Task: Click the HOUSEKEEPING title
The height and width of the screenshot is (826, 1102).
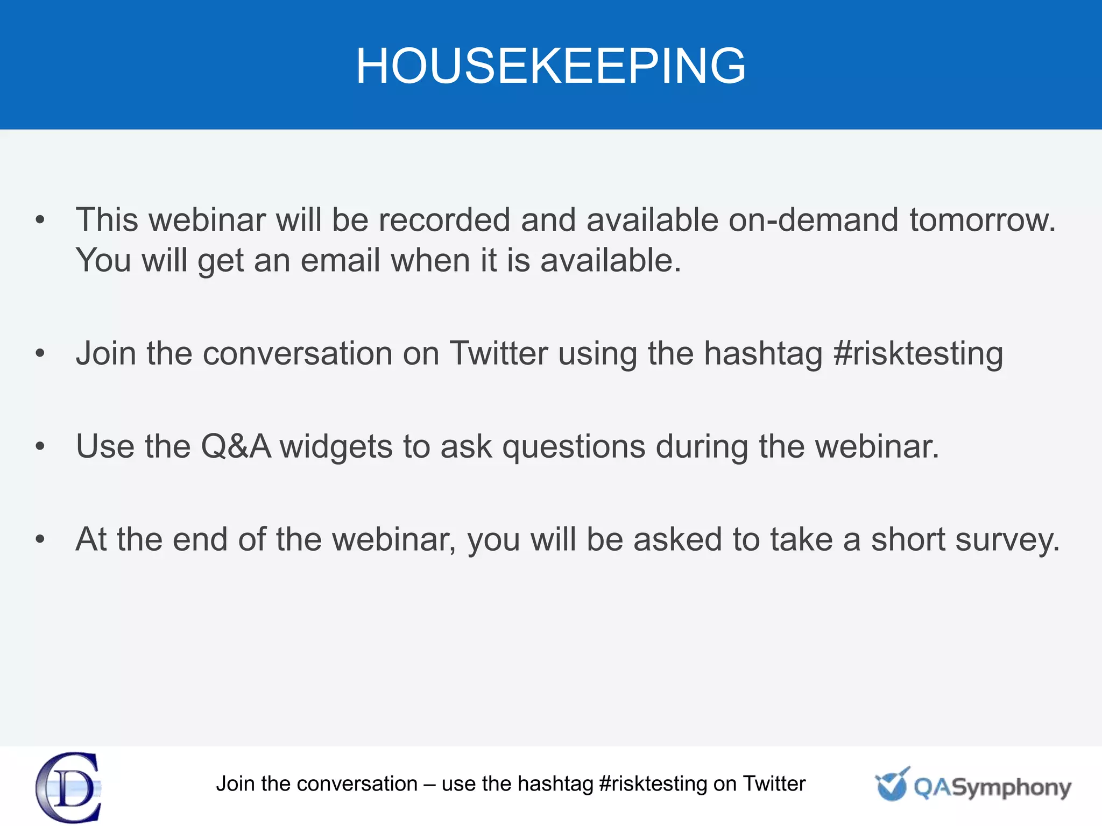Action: pyautogui.click(x=550, y=66)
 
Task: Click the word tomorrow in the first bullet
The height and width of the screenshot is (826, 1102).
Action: pyautogui.click(x=983, y=220)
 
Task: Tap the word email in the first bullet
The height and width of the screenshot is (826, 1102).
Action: pyautogui.click(x=340, y=261)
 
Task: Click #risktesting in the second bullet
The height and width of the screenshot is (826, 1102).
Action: pyautogui.click(x=918, y=354)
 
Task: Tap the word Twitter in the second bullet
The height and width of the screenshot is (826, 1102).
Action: pyautogui.click(x=499, y=354)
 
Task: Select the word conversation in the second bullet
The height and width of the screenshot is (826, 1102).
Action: pyautogui.click(x=298, y=354)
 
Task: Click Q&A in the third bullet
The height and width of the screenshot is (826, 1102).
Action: pyautogui.click(x=236, y=446)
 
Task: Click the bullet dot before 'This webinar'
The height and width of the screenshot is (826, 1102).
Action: pyautogui.click(x=40, y=220)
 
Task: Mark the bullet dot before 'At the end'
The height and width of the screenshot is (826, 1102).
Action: pyautogui.click(x=40, y=539)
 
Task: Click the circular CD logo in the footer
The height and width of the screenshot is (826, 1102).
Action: pyautogui.click(x=69, y=787)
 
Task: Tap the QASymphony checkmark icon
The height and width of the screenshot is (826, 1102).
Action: pyautogui.click(x=891, y=785)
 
